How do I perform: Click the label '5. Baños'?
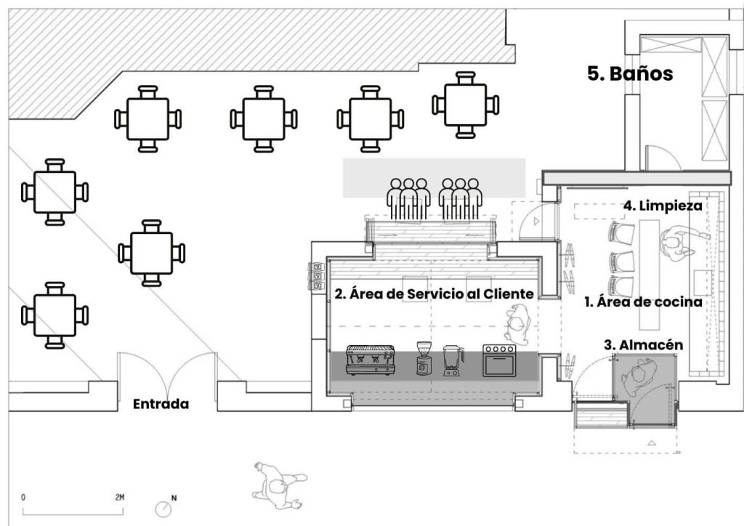(x=630, y=73)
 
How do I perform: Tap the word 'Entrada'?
(x=161, y=404)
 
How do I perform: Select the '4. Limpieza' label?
(x=663, y=206)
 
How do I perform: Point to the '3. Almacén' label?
(x=644, y=345)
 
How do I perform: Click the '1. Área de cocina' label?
(x=643, y=302)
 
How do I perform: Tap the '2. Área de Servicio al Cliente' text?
(x=434, y=294)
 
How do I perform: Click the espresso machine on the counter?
(x=371, y=360)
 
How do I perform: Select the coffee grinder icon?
(x=424, y=359)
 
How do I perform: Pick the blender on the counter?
(x=453, y=361)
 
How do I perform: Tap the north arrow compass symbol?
(x=164, y=509)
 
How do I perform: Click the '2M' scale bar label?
(x=120, y=498)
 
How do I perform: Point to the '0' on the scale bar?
(x=23, y=498)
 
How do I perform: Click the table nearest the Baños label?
(x=466, y=105)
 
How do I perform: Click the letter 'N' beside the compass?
(x=174, y=498)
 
